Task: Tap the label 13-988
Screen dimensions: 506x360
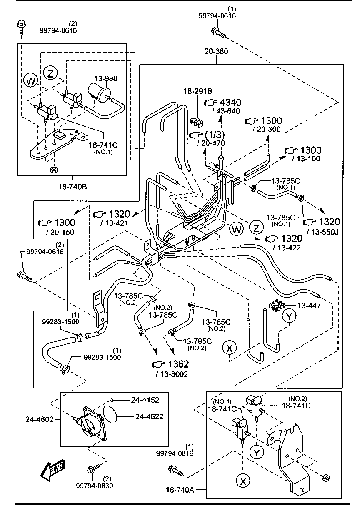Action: [x=105, y=78]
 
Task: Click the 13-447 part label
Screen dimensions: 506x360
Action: [x=309, y=306]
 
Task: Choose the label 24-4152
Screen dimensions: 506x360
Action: [x=145, y=400]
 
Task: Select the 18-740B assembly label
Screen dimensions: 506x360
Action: [x=72, y=186]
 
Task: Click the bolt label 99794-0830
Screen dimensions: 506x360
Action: [x=94, y=485]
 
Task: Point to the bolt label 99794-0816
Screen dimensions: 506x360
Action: [x=175, y=453]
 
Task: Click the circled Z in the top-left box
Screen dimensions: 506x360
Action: [x=50, y=73]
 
